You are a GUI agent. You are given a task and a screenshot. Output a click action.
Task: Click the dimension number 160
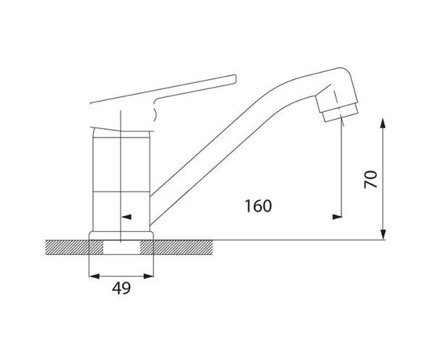(x=258, y=206)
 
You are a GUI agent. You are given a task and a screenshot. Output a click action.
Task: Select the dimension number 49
(x=121, y=288)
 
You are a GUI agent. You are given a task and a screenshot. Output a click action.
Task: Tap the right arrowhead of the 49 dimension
(x=149, y=276)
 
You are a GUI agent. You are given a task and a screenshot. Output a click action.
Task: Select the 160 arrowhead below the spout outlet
(x=337, y=217)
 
